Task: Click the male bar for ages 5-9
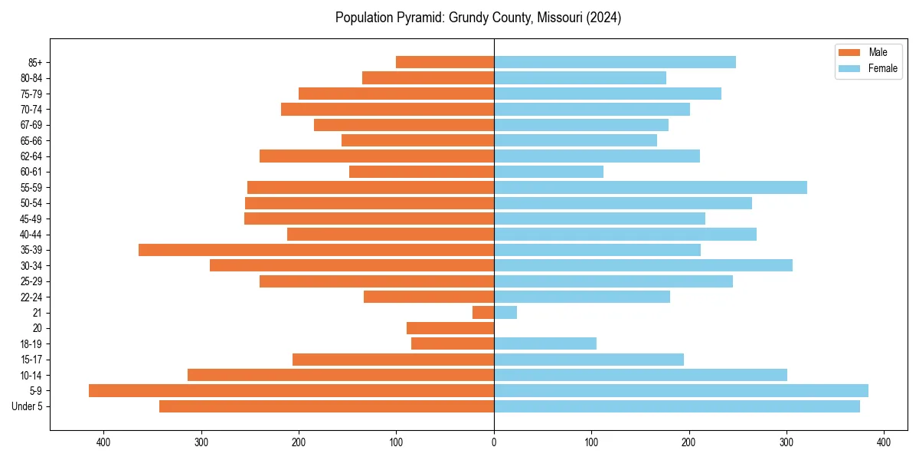[291, 390]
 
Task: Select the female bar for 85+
[615, 62]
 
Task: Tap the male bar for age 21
[483, 312]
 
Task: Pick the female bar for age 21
[505, 312]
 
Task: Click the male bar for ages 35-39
[316, 250]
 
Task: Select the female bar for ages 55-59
[650, 187]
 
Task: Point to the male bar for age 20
[450, 328]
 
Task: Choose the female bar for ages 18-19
[545, 343]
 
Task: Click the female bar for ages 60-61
[548, 172]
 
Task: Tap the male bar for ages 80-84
[428, 77]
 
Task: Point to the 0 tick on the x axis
[494, 442]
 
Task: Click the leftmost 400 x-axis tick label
[103, 442]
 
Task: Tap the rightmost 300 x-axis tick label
[787, 442]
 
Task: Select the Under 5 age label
[27, 406]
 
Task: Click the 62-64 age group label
[31, 156]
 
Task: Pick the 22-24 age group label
[31, 297]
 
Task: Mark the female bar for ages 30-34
[643, 265]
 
